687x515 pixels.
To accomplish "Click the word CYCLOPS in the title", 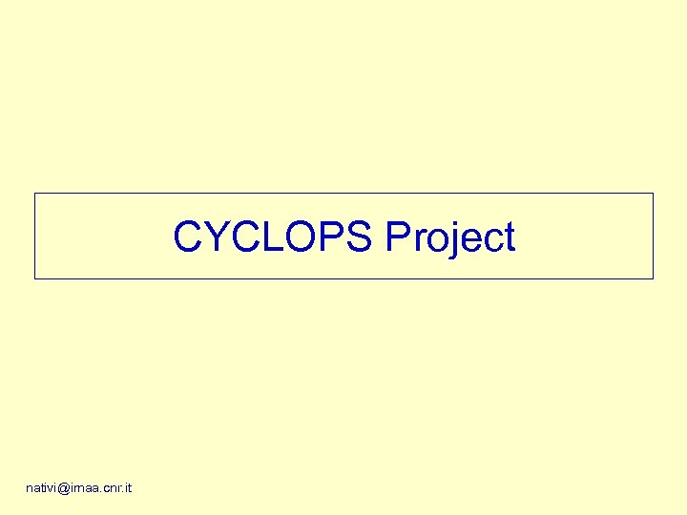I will pyautogui.click(x=273, y=237).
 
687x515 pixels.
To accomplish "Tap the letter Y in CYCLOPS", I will pyautogui.click(x=216, y=237).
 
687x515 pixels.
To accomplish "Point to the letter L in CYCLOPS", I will pyautogui.click(x=267, y=237).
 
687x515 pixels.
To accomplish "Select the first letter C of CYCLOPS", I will pyautogui.click(x=188, y=237).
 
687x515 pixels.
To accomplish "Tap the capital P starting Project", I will pyautogui.click(x=397, y=237).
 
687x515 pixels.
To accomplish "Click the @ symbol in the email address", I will pyautogui.click(x=64, y=488).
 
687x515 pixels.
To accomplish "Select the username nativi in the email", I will pyautogui.click(x=41, y=488).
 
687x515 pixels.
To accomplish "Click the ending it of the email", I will pyautogui.click(x=128, y=488).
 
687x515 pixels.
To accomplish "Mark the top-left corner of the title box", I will pyautogui.click(x=35, y=194).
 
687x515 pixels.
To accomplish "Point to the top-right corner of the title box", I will pyautogui.click(x=653, y=194).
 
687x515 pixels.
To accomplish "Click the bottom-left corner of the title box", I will pyautogui.click(x=35, y=278).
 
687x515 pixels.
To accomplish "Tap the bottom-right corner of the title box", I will pyautogui.click(x=653, y=278).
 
